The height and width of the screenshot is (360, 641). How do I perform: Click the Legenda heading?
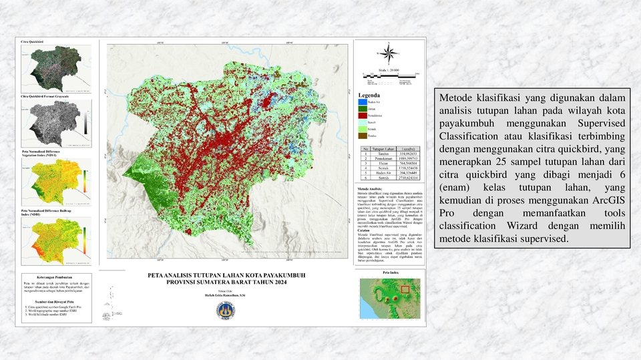[370, 96]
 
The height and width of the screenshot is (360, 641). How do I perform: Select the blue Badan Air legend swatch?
[363, 102]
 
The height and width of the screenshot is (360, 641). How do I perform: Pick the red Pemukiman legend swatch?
[363, 115]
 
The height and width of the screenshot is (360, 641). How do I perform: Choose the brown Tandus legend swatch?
[363, 136]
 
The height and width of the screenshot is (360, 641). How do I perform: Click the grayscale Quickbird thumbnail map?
[56, 126]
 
